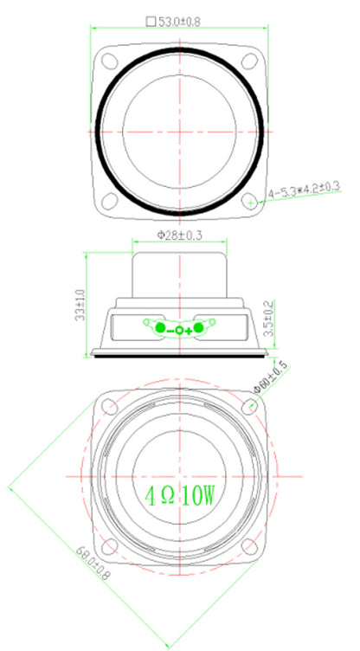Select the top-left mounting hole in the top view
[110, 61]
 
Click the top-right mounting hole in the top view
[248, 61]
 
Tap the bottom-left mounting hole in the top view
[110, 201]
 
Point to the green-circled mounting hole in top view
[249, 201]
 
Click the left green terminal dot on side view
[158, 328]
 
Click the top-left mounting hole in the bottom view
[111, 409]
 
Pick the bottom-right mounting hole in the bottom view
[248, 546]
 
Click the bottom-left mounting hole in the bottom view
[111, 546]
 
